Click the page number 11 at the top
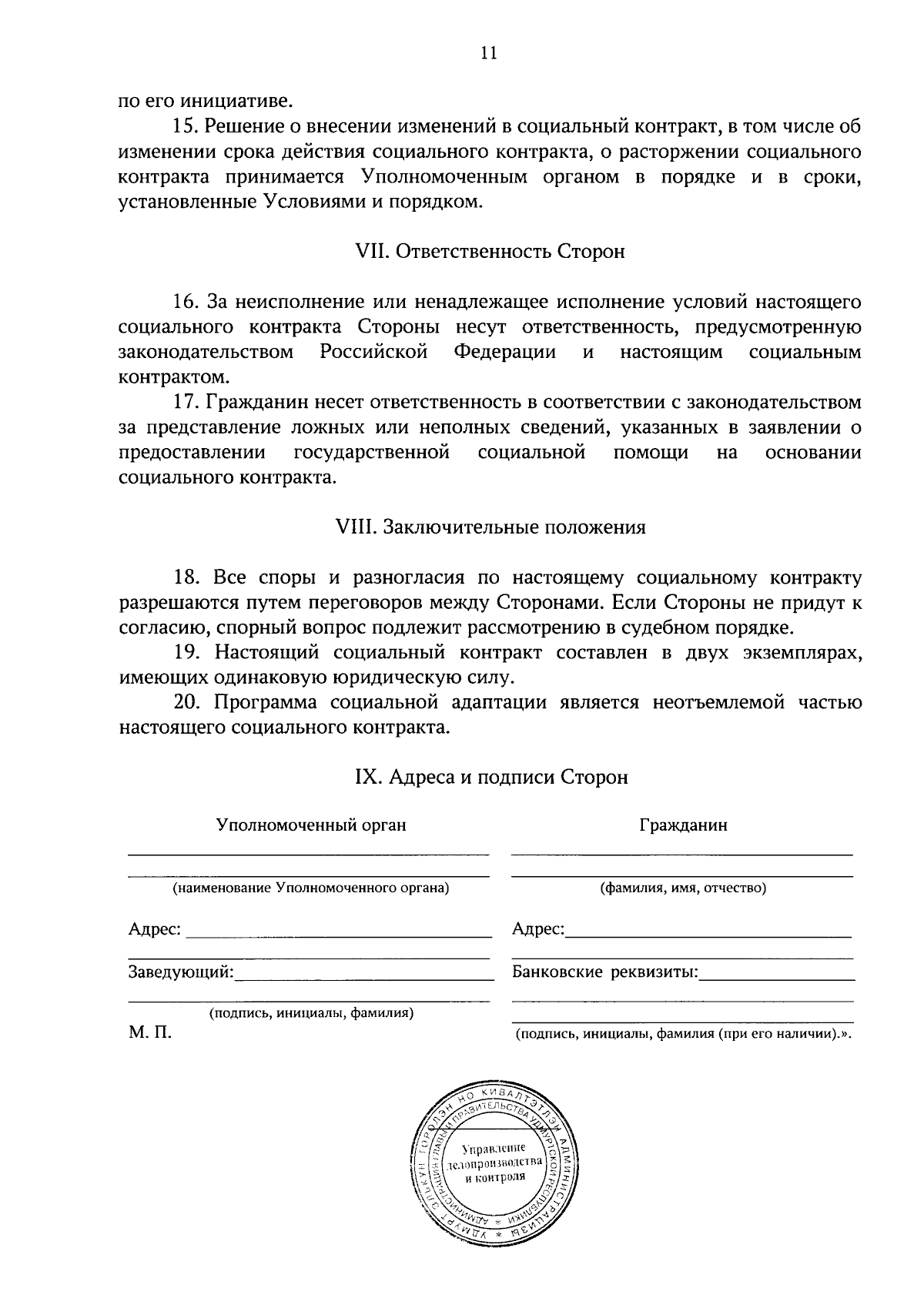[x=488, y=53]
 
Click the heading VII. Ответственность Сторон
[x=489, y=252]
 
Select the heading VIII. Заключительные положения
[x=490, y=527]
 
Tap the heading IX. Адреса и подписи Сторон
[x=490, y=777]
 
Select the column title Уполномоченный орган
[x=311, y=825]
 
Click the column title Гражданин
[x=683, y=825]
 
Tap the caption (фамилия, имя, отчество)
[x=683, y=888]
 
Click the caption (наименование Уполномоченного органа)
[x=310, y=888]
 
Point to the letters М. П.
[x=150, y=1032]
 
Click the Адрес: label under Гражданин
[x=537, y=929]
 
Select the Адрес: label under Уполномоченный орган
[x=155, y=929]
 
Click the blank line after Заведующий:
[x=363, y=976]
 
